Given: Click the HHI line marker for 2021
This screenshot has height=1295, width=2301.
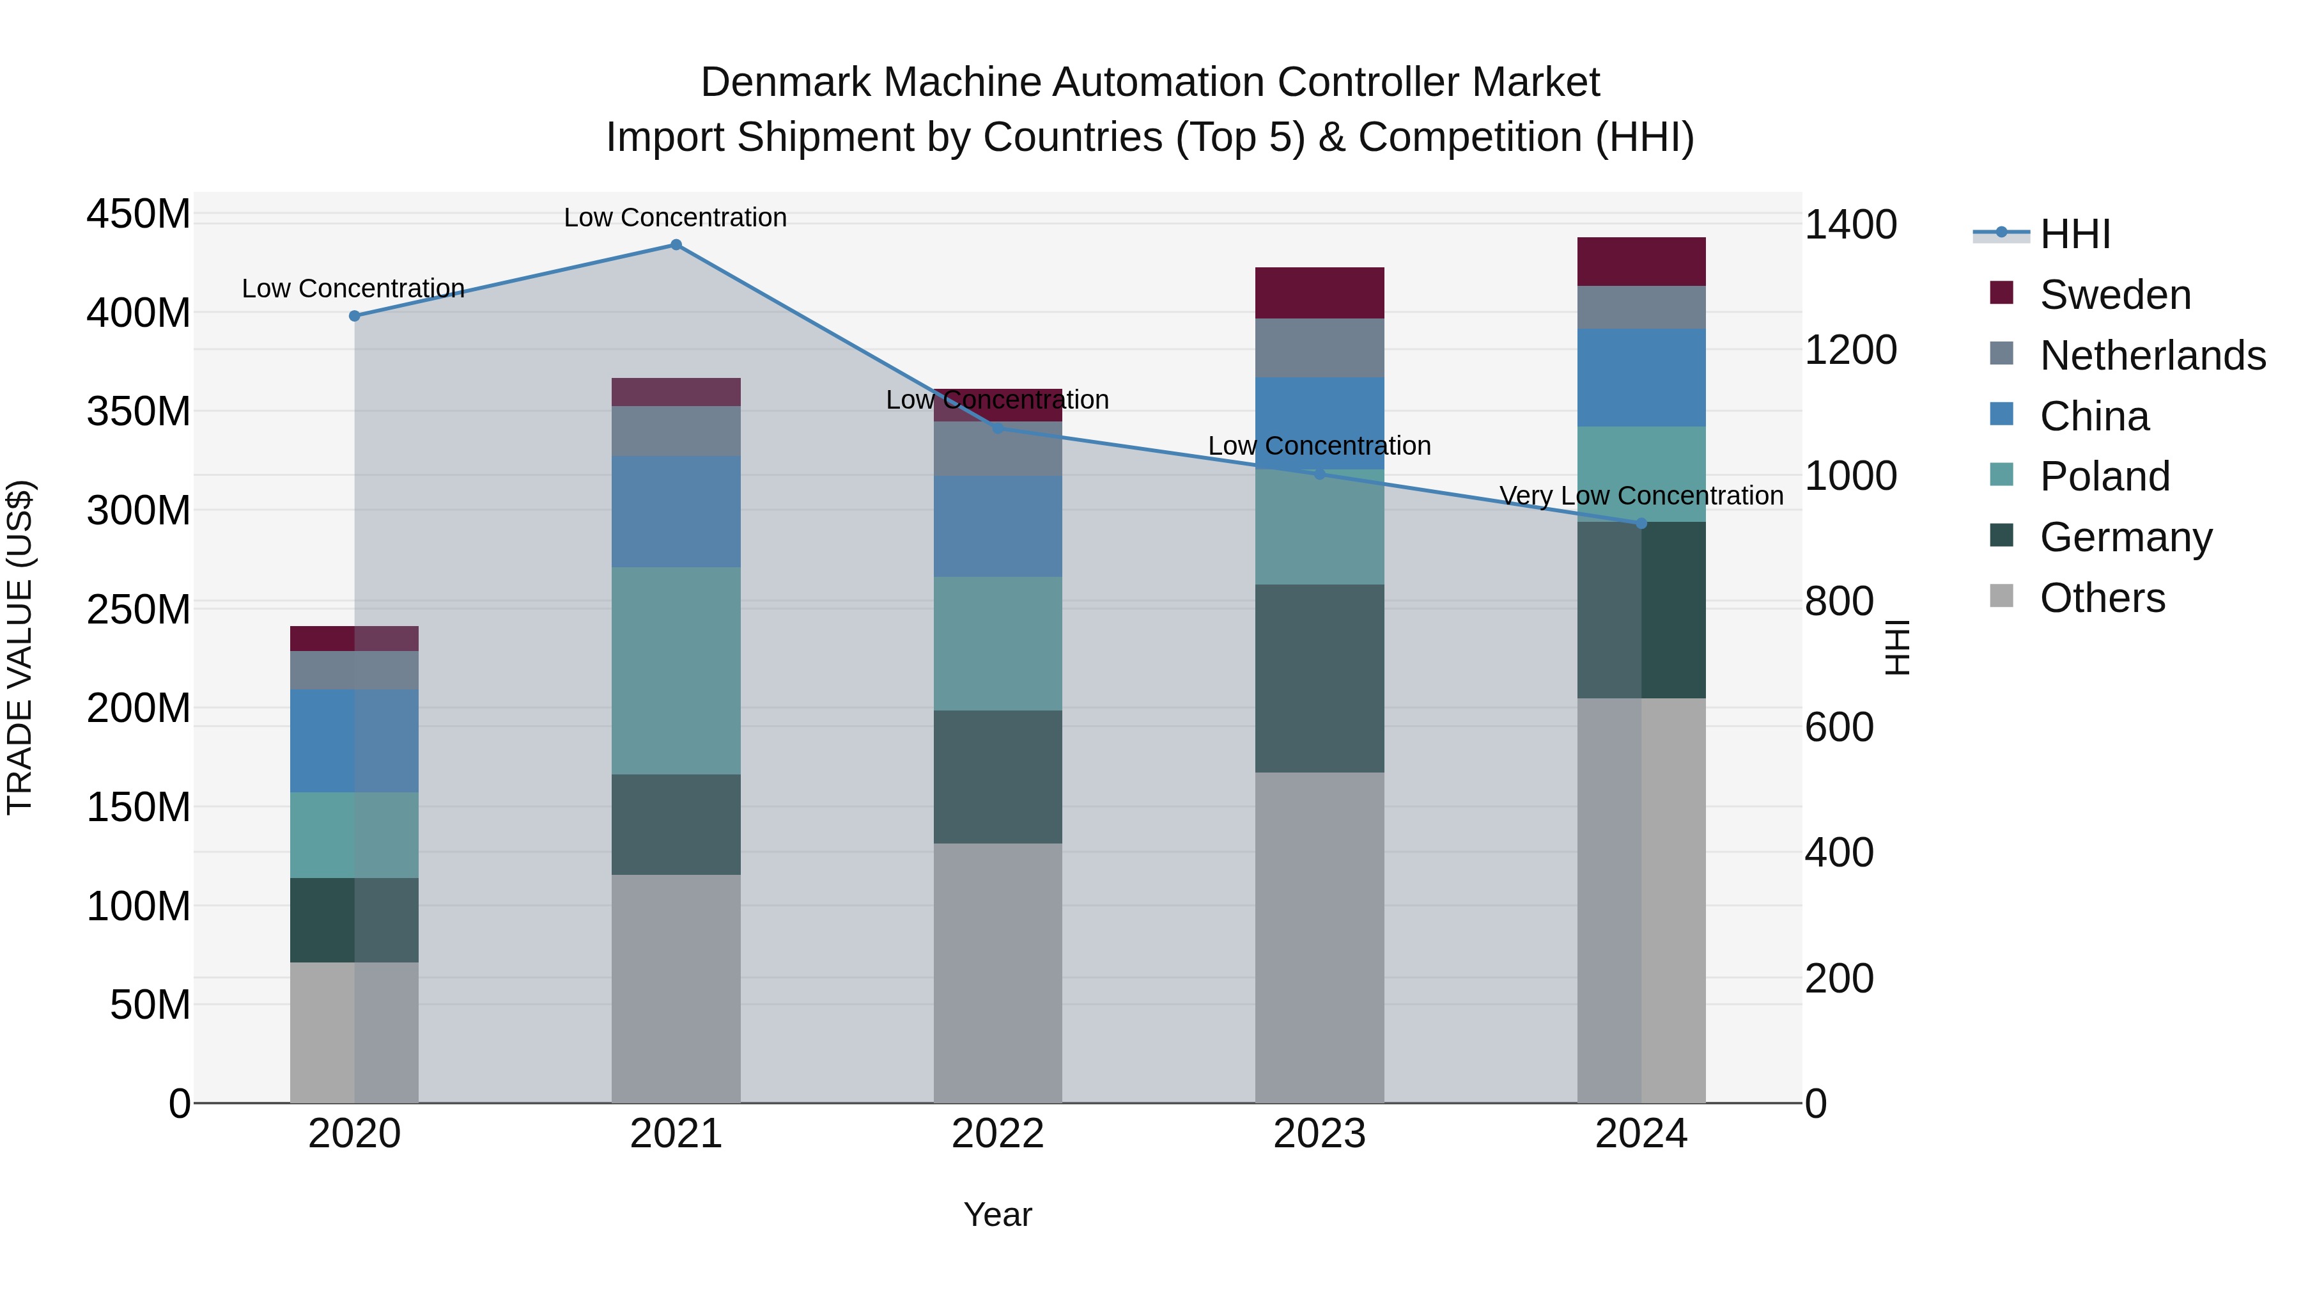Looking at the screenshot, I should [x=676, y=245].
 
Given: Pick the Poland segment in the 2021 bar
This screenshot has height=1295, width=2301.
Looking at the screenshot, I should [x=676, y=670].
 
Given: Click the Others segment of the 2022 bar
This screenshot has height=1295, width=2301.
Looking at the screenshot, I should [x=998, y=972].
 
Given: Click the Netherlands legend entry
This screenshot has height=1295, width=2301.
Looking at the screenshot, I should [x=2153, y=356].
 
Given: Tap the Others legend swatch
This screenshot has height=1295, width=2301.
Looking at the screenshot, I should [x=2002, y=596].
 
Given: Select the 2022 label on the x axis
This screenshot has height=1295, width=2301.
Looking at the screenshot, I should [x=998, y=1134].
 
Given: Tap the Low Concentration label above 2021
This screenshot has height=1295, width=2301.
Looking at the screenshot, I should [x=676, y=217].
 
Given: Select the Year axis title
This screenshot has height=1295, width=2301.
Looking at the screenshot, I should [x=998, y=1214].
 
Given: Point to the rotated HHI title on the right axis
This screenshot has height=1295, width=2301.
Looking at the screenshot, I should [x=1897, y=647].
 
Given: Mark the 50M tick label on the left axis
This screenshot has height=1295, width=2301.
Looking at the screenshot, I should [x=150, y=1005].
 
